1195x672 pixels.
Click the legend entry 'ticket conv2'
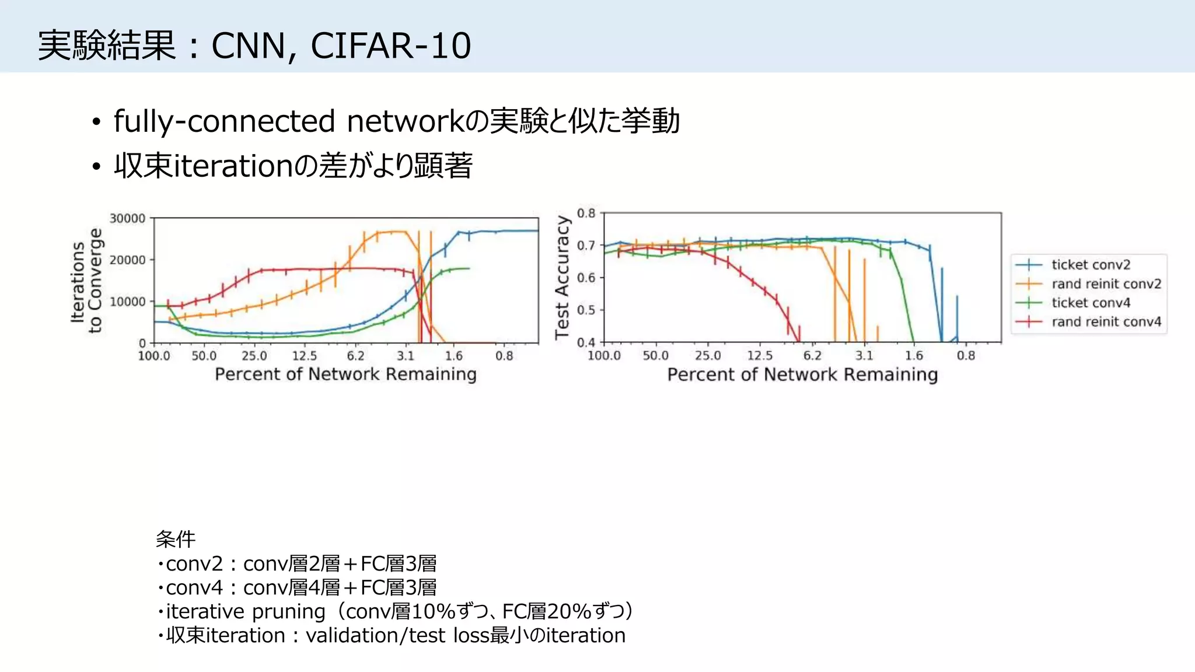[x=1090, y=265]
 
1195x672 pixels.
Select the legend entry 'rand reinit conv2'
[x=1106, y=284]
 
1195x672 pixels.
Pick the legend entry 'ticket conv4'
[x=1090, y=303]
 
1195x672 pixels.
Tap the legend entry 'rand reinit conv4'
[x=1106, y=322]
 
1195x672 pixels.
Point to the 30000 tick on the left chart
[x=127, y=219]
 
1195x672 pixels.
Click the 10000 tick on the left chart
[x=127, y=302]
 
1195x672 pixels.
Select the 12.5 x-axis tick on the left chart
[x=304, y=356]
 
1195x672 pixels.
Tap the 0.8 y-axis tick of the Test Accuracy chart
[x=586, y=213]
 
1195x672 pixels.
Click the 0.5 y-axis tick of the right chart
[x=586, y=310]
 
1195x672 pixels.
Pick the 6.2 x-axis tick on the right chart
[x=812, y=356]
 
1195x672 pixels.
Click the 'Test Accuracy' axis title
[x=562, y=278]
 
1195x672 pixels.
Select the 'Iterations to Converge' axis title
[x=86, y=281]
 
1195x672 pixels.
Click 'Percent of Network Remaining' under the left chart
[x=345, y=374]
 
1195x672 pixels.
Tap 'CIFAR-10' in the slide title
[x=390, y=45]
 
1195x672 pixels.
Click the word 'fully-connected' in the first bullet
[x=224, y=121]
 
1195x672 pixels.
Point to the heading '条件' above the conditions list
[x=176, y=539]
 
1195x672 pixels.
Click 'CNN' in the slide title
[x=249, y=45]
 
